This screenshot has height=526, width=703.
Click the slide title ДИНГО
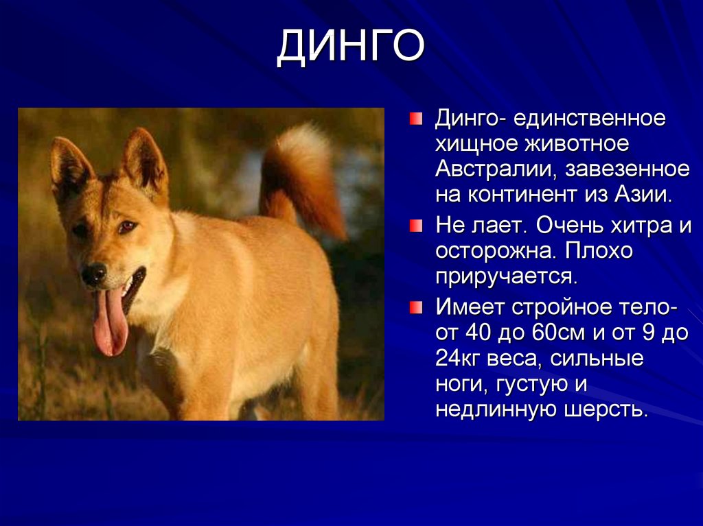tap(351, 47)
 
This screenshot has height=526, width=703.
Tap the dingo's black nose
tap(94, 273)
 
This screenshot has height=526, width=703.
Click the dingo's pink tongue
tap(110, 321)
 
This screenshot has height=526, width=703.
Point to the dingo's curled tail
tap(301, 179)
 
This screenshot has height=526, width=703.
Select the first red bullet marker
tap(415, 119)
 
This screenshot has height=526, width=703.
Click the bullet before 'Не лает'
tap(415, 226)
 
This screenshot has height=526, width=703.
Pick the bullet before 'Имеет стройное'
tap(415, 307)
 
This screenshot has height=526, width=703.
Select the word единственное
tap(590, 118)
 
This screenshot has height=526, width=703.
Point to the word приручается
tap(507, 276)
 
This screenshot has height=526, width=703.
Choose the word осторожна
tap(496, 251)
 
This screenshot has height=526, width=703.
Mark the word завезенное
tap(627, 169)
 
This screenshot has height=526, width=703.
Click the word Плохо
tap(598, 251)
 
